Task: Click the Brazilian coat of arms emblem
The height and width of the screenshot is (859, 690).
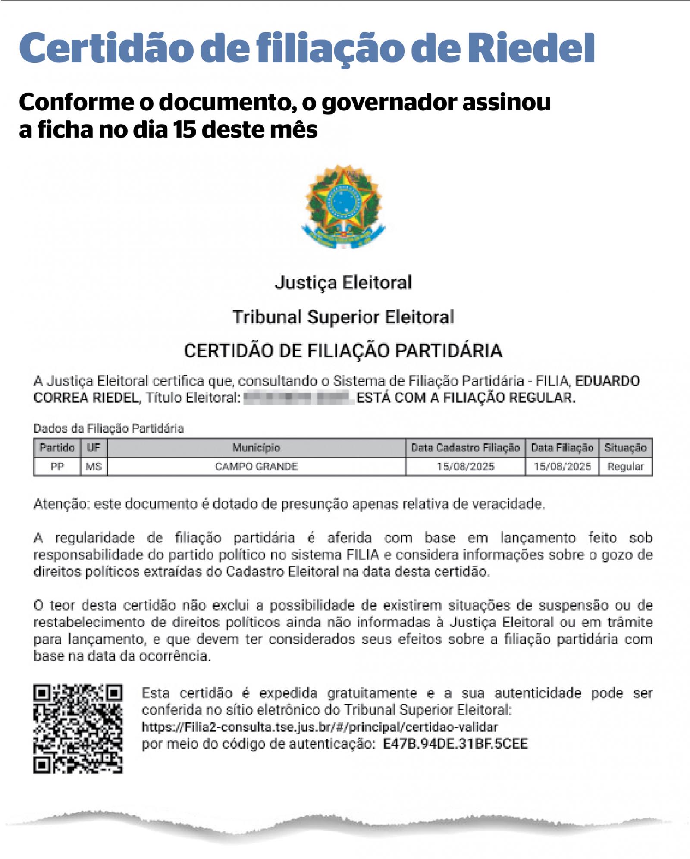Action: click(344, 206)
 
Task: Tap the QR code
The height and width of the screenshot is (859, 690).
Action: click(78, 729)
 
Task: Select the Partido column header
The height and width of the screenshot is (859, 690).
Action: click(57, 448)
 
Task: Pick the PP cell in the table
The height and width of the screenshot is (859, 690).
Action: click(57, 466)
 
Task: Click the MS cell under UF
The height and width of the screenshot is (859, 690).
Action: click(94, 466)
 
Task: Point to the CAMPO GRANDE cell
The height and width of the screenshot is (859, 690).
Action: click(256, 466)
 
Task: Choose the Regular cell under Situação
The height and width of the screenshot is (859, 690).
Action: click(625, 466)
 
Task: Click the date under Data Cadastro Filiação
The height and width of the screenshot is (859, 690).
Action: click(465, 466)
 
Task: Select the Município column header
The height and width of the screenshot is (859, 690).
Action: click(256, 448)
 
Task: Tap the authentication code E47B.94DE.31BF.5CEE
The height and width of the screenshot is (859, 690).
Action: click(455, 744)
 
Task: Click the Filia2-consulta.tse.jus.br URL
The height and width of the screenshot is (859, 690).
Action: click(320, 727)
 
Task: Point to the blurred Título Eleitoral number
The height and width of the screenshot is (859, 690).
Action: click(299, 398)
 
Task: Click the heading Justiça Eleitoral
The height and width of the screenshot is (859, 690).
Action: click(344, 282)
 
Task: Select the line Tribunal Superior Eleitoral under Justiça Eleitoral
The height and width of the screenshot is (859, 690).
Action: click(344, 317)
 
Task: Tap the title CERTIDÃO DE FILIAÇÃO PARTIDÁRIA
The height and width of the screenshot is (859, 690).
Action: click(344, 350)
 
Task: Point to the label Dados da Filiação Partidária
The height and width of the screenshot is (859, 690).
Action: click(109, 428)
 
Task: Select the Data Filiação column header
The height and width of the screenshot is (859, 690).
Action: click(562, 448)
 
